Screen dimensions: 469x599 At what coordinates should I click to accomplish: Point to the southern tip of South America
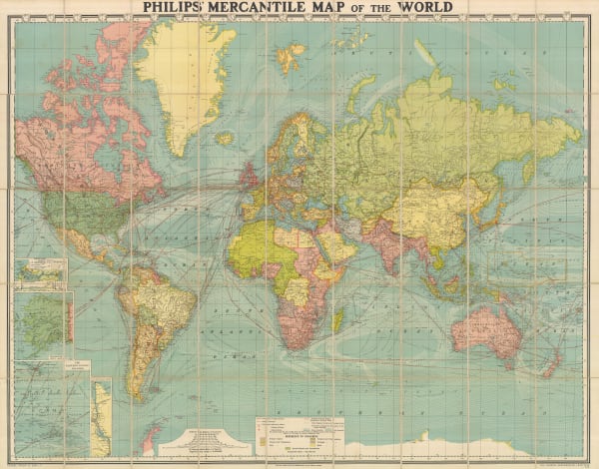(137, 394)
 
